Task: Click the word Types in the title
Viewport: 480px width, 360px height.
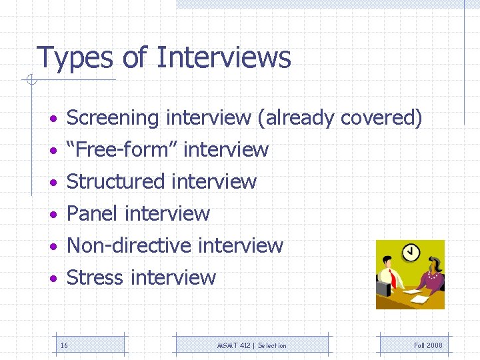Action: (x=75, y=58)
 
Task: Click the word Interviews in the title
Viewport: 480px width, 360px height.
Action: (x=223, y=57)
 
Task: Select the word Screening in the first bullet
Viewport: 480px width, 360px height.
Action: (x=113, y=118)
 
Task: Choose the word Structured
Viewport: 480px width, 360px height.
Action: (x=115, y=181)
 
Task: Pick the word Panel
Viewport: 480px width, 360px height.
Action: (x=93, y=213)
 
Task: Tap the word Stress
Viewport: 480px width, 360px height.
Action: (x=95, y=277)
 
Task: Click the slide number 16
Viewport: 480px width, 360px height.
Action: (x=64, y=345)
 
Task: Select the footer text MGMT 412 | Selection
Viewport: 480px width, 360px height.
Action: (x=252, y=345)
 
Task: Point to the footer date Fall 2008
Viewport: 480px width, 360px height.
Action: (x=428, y=345)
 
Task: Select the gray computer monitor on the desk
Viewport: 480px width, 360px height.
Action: (x=383, y=288)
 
